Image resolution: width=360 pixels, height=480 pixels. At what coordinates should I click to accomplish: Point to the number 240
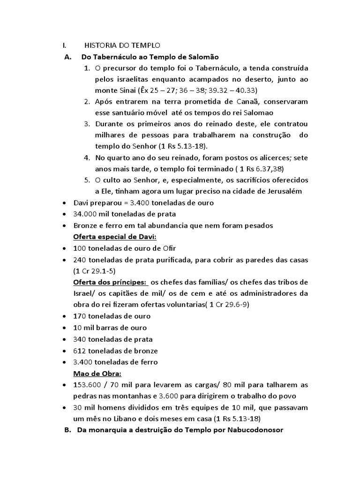pos(79,260)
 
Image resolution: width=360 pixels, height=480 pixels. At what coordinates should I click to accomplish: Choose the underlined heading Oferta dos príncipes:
pos(110,282)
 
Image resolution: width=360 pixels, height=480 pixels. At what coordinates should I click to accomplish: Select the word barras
pos(109,328)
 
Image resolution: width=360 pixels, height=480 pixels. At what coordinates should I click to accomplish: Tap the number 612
pos(79,351)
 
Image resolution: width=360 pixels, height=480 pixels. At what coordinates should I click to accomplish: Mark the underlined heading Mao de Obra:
pos(97,374)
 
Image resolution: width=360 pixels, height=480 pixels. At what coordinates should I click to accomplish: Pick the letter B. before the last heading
pos(66,430)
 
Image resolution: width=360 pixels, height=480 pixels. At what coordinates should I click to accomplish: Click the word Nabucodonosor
pos(256,430)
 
